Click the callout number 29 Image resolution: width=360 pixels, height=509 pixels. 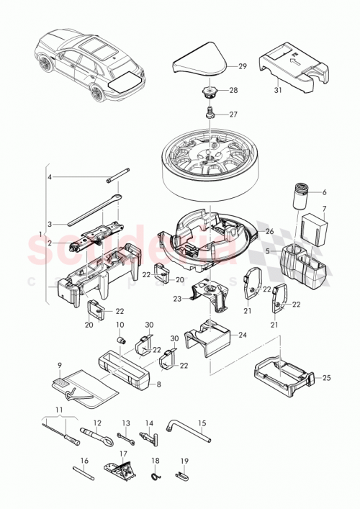242,66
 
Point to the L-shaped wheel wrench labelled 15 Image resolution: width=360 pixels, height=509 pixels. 189,430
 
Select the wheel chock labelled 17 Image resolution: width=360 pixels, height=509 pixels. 120,472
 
